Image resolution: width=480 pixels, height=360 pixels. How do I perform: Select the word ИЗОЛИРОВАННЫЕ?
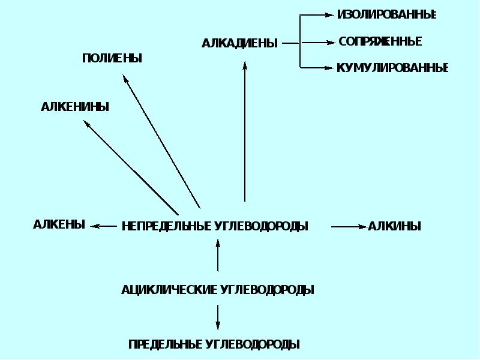(x=386, y=14)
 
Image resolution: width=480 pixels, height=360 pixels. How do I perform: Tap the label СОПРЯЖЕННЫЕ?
(x=380, y=41)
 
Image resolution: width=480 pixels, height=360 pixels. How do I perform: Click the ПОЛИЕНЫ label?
(x=112, y=58)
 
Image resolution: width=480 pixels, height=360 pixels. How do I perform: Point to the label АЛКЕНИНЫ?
(x=75, y=107)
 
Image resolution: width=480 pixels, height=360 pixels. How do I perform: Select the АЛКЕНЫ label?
(x=59, y=224)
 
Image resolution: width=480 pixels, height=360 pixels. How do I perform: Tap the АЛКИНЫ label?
(x=394, y=226)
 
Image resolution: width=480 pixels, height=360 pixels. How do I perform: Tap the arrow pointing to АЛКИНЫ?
(x=348, y=226)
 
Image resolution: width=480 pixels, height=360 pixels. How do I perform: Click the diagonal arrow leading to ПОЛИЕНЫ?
(x=161, y=141)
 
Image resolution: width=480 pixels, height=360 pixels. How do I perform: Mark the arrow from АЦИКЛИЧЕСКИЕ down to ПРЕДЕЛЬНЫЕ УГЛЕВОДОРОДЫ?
(x=218, y=317)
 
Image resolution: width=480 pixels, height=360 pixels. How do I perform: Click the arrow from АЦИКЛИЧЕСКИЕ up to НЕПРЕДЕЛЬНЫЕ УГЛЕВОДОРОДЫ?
(x=218, y=254)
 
